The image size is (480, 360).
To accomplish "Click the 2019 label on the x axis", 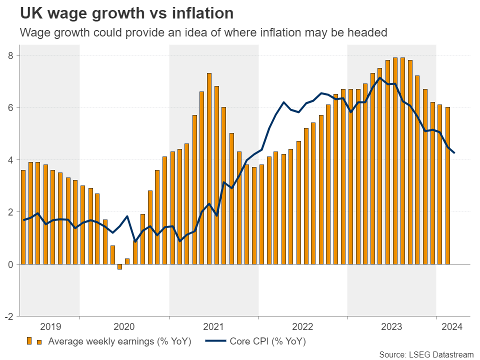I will click(50, 327).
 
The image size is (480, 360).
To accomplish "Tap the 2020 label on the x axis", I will click(124, 327).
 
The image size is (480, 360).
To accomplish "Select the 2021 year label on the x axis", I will click(213, 327).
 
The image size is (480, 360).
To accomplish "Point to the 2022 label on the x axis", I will click(302, 327).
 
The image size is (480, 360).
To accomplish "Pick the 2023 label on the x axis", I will click(391, 327).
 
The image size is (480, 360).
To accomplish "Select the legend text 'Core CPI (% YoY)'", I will click(267, 342).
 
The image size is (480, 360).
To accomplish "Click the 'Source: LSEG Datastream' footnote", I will click(426, 354).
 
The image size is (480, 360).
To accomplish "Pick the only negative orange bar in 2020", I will click(120, 266).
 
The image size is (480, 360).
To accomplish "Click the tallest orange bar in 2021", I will click(209, 168).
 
